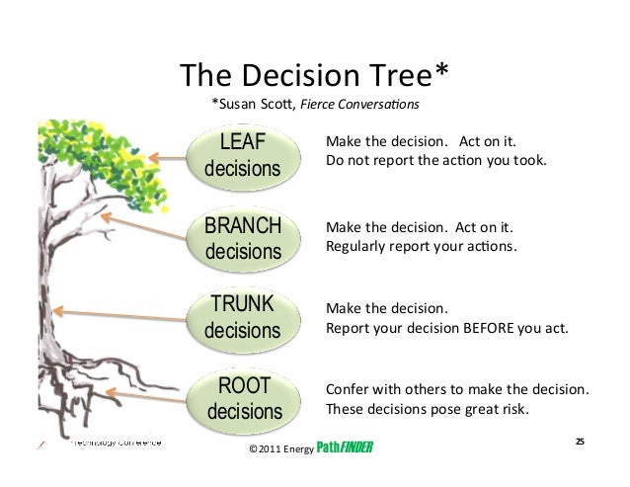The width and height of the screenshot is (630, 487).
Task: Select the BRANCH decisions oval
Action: (x=242, y=236)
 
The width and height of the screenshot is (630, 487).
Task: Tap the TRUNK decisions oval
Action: (x=242, y=314)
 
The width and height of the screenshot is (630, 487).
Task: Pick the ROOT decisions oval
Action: (x=242, y=395)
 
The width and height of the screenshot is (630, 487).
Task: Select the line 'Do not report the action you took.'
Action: (x=434, y=159)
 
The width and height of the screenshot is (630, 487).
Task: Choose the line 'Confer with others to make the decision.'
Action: (x=457, y=389)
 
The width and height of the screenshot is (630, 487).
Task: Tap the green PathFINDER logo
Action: (x=345, y=448)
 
